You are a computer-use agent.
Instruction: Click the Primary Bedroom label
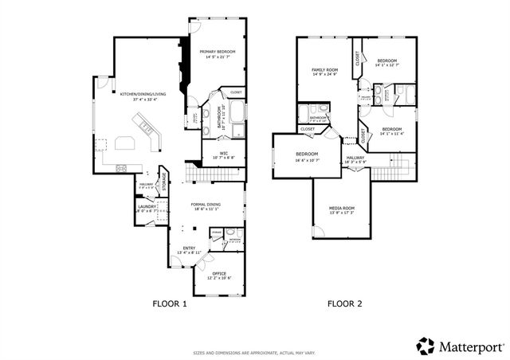[214, 51]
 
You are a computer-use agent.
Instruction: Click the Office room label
[219, 274]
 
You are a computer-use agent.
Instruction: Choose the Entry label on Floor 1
[189, 248]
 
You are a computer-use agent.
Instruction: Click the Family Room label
[324, 70]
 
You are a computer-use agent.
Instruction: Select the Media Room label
[342, 208]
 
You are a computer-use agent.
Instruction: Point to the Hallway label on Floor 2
[355, 158]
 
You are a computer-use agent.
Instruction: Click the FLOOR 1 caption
[170, 303]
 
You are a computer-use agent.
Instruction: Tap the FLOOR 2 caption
[346, 303]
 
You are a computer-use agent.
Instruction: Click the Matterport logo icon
[425, 345]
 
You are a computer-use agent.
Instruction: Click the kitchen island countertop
[127, 143]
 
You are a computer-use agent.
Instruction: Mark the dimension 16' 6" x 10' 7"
[308, 159]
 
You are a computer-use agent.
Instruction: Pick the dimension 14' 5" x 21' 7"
[214, 57]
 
